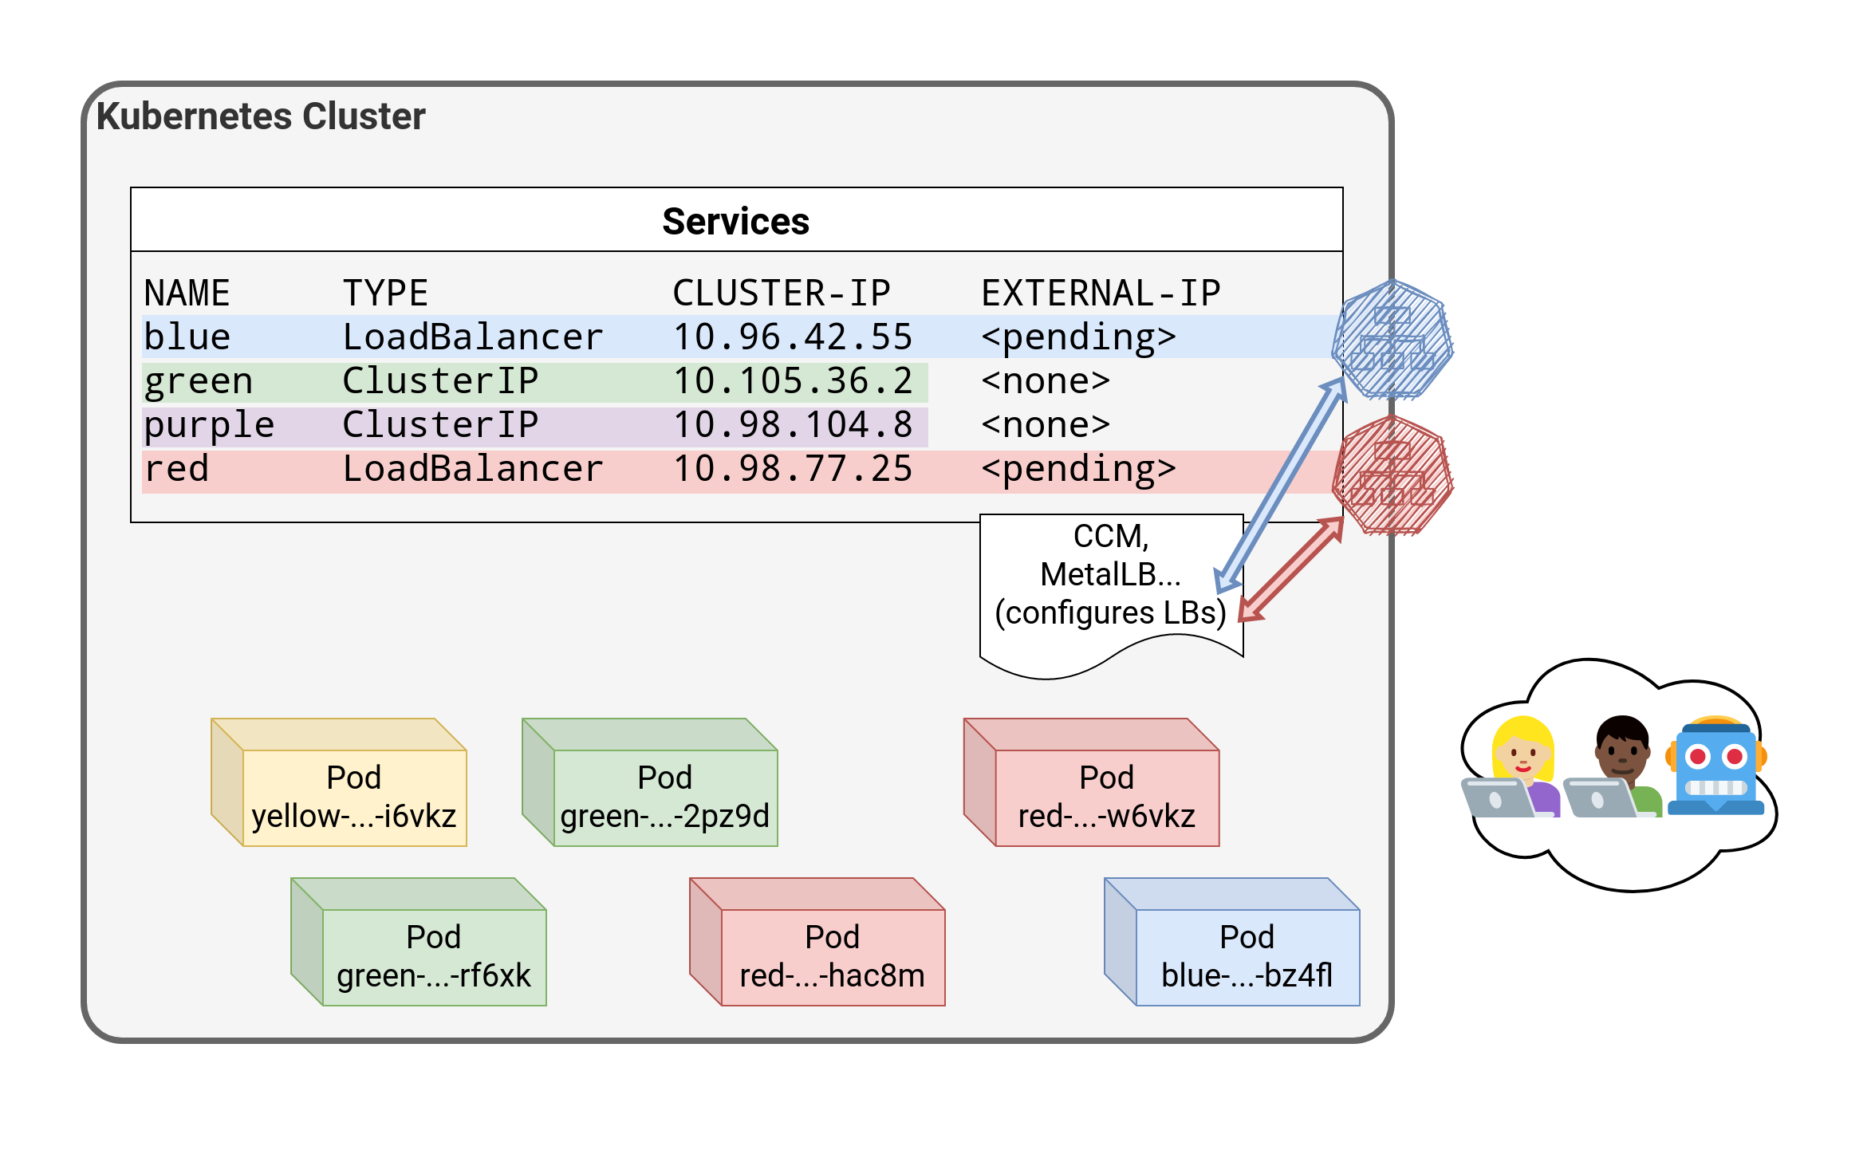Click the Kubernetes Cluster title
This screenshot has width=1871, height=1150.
pos(261,116)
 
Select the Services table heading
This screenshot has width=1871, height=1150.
pos(735,221)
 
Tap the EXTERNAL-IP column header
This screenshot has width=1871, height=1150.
pos(1100,293)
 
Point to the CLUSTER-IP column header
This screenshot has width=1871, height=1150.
pos(781,293)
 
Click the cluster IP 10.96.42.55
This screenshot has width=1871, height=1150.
pos(792,337)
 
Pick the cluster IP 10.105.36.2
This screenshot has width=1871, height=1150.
pos(792,381)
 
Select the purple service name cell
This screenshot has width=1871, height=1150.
pos(209,425)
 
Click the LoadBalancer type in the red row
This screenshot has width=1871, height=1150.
pos(472,469)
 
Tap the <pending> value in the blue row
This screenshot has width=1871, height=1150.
pos(1078,337)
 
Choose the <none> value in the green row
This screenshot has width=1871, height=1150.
pos(1045,381)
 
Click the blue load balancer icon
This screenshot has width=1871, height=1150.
pos(1392,339)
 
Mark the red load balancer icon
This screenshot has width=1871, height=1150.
pos(1392,475)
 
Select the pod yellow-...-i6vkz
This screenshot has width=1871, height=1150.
pos(353,797)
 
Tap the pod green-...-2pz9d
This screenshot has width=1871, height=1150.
pos(664,797)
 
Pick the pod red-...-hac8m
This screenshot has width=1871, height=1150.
pos(832,956)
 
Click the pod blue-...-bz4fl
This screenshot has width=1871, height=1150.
pos(1247,956)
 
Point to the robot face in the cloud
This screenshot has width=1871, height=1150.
pos(1715,766)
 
